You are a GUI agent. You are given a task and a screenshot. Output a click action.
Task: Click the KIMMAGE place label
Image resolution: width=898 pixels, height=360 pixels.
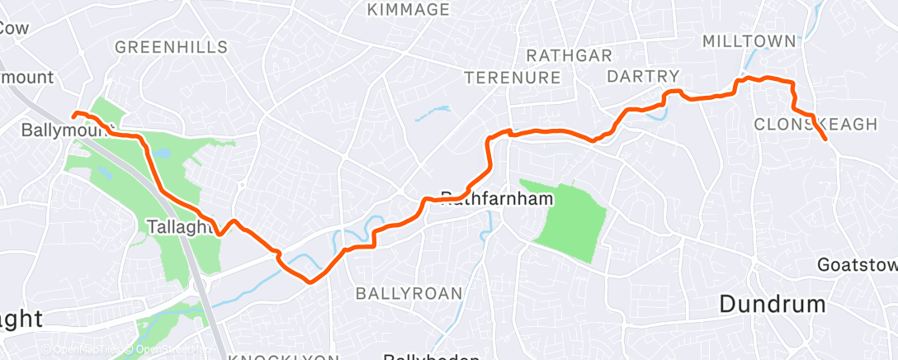(x=409, y=10)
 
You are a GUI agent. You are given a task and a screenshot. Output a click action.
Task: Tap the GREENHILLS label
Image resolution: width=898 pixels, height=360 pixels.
(x=171, y=47)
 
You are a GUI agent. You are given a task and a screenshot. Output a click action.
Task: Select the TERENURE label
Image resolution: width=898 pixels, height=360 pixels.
(x=513, y=78)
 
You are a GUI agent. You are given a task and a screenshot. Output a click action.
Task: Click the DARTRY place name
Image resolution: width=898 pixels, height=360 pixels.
(x=643, y=76)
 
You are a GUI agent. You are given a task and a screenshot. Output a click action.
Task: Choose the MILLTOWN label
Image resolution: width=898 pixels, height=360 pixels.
(x=749, y=41)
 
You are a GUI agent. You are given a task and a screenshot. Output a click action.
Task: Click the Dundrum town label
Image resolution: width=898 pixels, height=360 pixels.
(x=773, y=304)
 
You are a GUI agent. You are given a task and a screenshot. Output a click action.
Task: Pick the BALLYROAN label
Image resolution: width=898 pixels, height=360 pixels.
(x=409, y=293)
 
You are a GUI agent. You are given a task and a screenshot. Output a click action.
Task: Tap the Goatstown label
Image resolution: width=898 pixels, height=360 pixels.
(x=857, y=265)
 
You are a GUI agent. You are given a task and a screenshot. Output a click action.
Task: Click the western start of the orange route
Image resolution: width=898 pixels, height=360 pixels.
(x=74, y=114)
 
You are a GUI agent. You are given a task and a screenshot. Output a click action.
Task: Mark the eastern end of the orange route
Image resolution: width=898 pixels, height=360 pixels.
(x=825, y=140)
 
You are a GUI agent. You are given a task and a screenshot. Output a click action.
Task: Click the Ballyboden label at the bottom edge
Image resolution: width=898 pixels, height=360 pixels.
(x=421, y=357)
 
